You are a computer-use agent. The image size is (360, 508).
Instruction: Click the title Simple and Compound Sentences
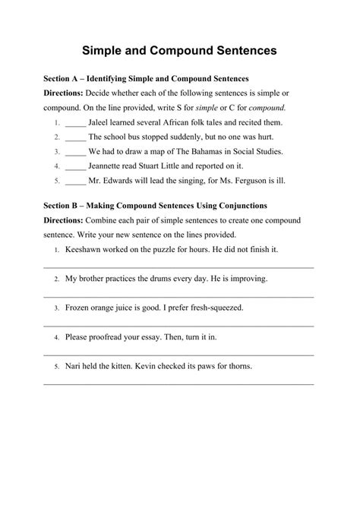coord(180,50)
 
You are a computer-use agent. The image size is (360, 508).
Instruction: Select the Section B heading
coord(153,205)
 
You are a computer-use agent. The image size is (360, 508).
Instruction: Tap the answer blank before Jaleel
coord(75,123)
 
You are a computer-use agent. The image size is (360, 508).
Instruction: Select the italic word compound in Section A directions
coord(264,107)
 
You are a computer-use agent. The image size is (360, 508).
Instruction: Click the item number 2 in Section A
coord(57,137)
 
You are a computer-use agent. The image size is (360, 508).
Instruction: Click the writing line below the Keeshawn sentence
coord(178,267)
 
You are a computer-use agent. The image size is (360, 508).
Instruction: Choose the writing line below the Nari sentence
coord(178,383)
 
